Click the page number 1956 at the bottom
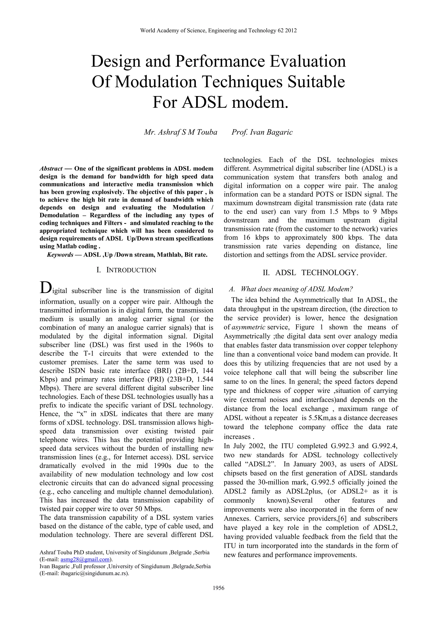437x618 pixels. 218,588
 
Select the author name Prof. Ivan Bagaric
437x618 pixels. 262,132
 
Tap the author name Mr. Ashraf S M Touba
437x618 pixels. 181,132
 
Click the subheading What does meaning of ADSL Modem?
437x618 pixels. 296,289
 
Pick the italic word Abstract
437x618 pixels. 51,169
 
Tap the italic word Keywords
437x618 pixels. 60,255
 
